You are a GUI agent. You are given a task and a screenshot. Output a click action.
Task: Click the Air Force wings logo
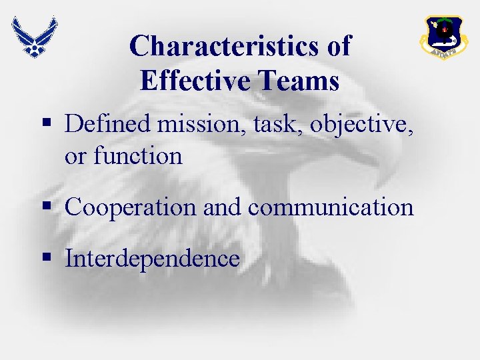coord(34,36)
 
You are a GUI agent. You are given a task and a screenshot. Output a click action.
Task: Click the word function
coord(137,156)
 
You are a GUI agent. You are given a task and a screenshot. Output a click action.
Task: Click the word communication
coord(331,207)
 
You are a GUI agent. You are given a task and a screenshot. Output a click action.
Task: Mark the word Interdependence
coord(152,259)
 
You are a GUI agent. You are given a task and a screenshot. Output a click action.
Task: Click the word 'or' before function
coord(75,157)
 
